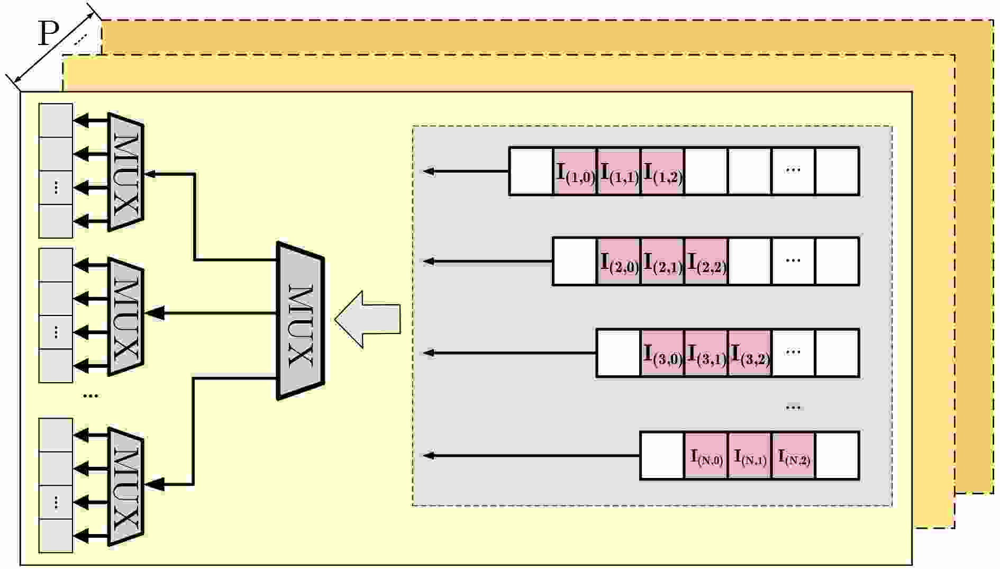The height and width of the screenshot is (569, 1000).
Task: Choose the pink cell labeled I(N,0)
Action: (706, 456)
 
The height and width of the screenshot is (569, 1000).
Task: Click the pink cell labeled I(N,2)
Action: (794, 456)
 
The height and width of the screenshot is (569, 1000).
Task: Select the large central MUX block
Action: (301, 320)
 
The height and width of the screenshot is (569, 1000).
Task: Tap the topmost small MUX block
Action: (126, 172)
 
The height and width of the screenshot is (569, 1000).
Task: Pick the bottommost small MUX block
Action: (126, 486)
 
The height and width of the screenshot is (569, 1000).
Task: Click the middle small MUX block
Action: (126, 317)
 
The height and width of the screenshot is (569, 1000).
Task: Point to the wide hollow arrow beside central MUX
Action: (367, 319)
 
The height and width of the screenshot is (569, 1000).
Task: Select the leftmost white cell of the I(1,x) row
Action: (531, 171)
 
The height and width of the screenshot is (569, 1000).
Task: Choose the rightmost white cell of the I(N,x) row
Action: (837, 456)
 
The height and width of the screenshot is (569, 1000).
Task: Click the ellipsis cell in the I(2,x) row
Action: (793, 261)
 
